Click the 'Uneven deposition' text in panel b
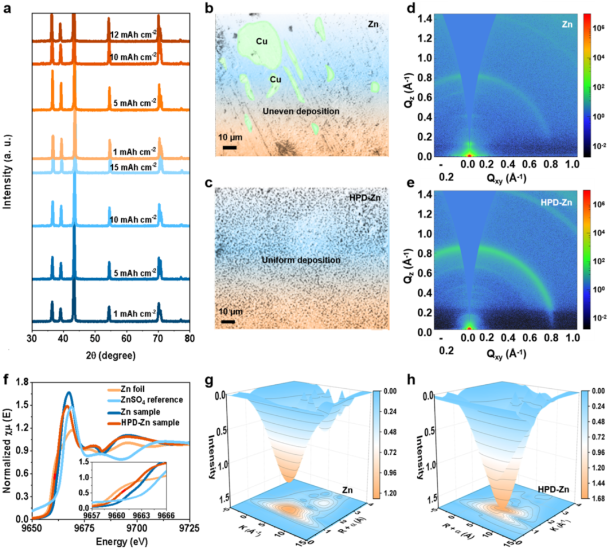(x=301, y=111)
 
